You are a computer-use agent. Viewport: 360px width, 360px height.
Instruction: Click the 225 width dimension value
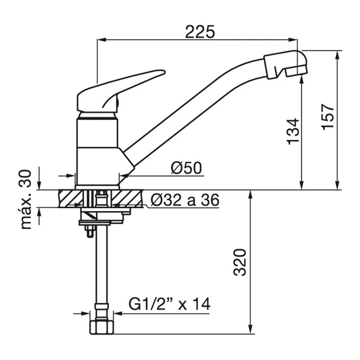(x=200, y=31)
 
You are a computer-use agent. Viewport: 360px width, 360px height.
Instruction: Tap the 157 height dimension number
(x=328, y=117)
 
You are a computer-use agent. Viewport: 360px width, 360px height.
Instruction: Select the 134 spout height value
(x=293, y=131)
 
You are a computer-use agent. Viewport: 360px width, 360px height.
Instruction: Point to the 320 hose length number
(x=240, y=262)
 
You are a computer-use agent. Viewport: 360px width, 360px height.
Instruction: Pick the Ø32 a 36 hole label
(x=185, y=200)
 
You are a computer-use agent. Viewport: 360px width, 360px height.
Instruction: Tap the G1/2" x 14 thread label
(x=169, y=304)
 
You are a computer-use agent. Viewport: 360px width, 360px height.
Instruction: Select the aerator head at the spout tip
(x=285, y=64)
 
